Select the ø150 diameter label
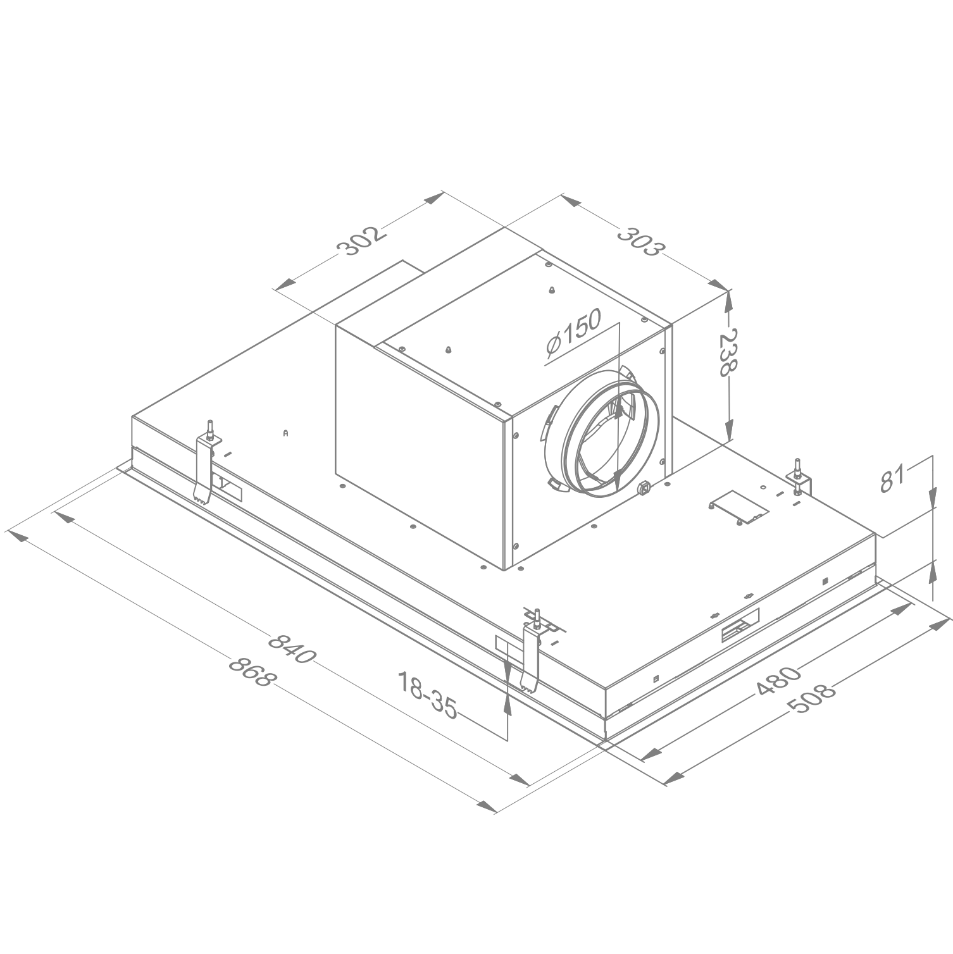(x=572, y=338)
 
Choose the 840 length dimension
(x=291, y=648)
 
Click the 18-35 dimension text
(x=427, y=695)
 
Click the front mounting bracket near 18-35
(x=530, y=658)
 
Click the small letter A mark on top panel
(x=286, y=433)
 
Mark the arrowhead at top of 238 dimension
(x=730, y=300)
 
